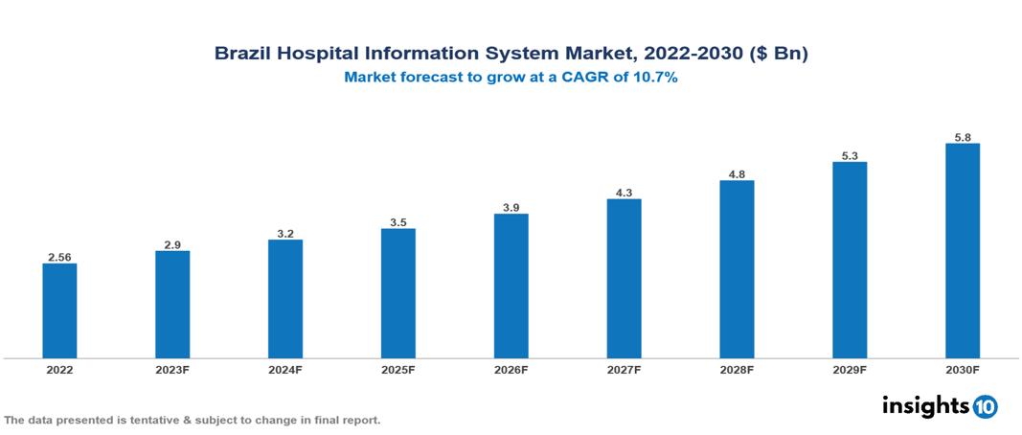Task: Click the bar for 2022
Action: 59,310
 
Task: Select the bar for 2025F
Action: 397,293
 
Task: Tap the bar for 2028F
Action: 737,269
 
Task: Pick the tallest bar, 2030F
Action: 962,251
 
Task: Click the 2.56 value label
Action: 59,257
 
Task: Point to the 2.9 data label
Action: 172,245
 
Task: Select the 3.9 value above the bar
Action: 511,208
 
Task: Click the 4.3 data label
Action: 624,193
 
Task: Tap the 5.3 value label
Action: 850,156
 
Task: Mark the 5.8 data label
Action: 963,138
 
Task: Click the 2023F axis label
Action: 172,370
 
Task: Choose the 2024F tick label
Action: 285,370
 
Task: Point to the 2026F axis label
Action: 511,370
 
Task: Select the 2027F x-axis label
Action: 624,370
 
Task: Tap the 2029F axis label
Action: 850,370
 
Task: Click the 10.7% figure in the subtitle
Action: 656,79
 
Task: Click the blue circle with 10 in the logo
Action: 985,407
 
